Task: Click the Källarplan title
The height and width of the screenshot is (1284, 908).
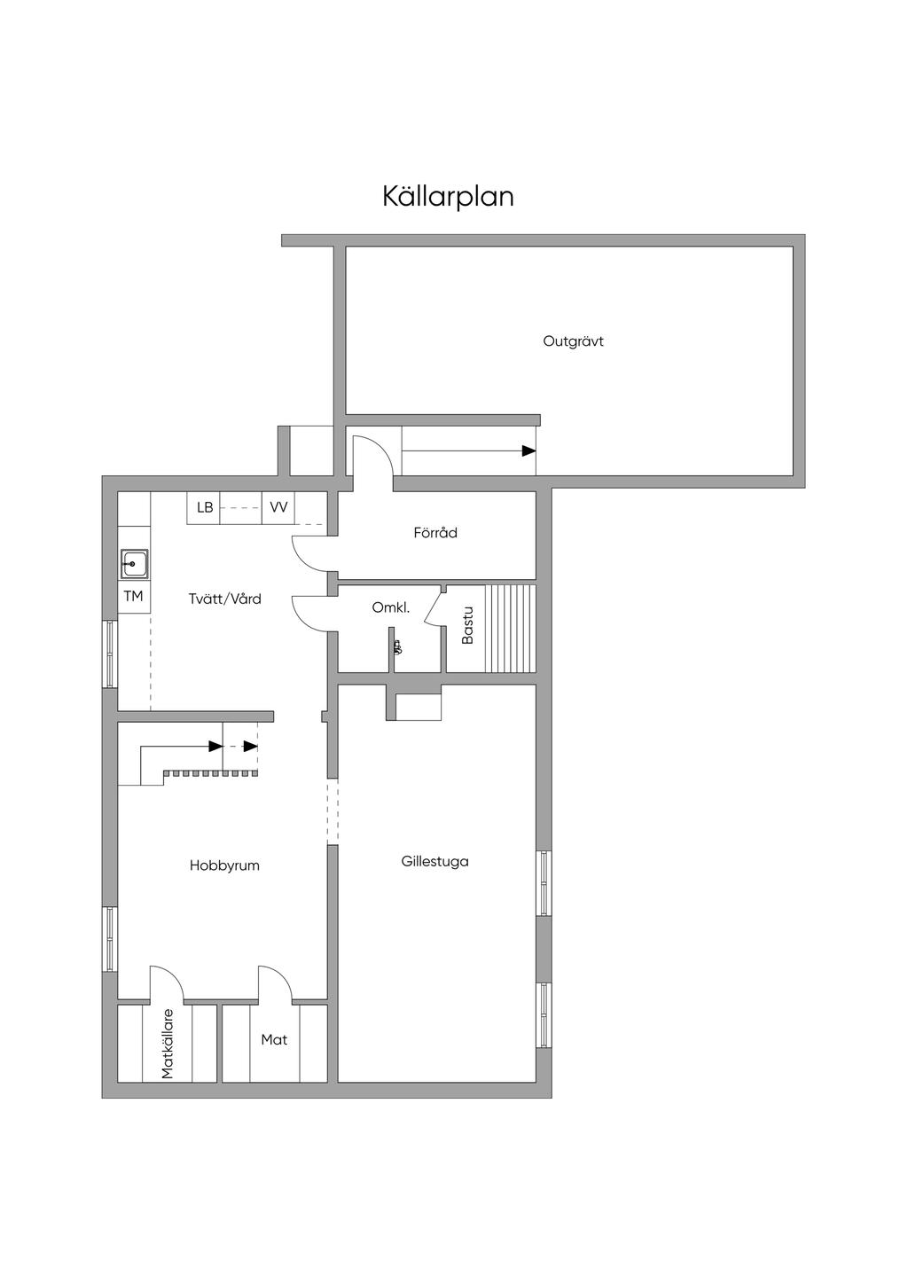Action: point(448,197)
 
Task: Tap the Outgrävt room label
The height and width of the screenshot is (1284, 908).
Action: point(573,341)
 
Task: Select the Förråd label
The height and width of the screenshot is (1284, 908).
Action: point(435,533)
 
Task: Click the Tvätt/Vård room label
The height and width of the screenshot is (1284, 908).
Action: point(224,599)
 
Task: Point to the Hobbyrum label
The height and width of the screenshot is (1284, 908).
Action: point(224,865)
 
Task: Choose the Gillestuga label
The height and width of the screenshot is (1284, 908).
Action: point(435,861)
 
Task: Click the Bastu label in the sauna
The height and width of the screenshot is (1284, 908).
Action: point(467,625)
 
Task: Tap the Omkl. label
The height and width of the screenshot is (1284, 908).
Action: point(391,607)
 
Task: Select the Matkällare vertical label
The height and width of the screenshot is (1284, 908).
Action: point(167,1044)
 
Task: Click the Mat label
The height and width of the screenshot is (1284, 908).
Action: point(274,1039)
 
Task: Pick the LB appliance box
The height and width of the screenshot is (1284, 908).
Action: point(203,508)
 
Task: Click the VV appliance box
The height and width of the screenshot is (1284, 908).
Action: point(278,508)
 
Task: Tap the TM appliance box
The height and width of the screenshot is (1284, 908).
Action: point(134,597)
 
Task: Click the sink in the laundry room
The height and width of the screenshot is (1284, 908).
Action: point(134,564)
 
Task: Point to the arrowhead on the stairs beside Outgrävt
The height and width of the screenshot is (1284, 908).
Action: point(528,451)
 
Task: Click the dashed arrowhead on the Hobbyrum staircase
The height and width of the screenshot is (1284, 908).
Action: point(251,747)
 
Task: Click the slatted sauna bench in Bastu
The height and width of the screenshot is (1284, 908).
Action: point(510,628)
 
